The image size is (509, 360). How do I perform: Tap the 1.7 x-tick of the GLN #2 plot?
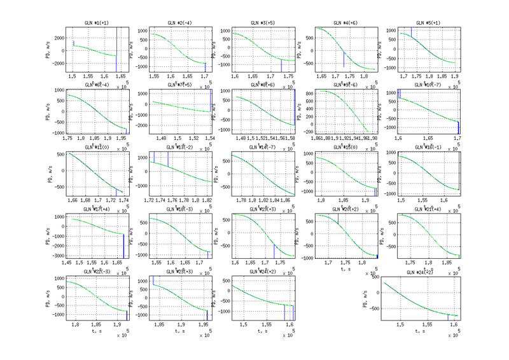coord(206,76)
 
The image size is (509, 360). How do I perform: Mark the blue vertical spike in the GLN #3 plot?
coord(281,66)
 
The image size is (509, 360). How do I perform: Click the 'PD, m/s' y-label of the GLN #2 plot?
coord(131,50)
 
